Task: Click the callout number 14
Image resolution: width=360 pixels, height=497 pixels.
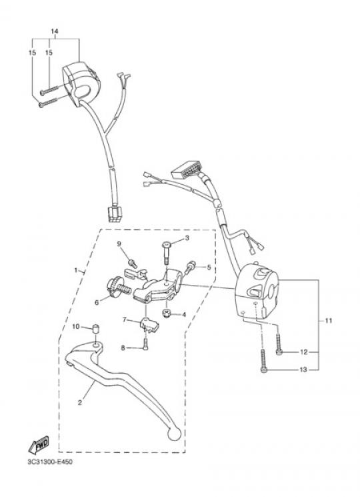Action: coord(55,31)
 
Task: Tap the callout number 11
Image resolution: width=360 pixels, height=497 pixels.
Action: coord(329,321)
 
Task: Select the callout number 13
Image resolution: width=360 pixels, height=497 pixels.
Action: coord(303,370)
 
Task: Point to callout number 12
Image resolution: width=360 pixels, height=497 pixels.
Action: coord(303,352)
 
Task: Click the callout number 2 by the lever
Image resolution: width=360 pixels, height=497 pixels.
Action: coord(80,402)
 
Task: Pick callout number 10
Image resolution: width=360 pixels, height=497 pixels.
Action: coord(76,326)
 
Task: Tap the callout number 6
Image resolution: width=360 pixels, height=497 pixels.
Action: coord(97,302)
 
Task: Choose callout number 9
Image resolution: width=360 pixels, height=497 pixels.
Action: coord(119,243)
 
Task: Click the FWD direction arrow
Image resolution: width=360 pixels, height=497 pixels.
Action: coord(39,444)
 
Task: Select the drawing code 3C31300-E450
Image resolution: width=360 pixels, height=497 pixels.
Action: coord(50,462)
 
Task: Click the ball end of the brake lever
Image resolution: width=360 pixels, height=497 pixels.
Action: coord(174,434)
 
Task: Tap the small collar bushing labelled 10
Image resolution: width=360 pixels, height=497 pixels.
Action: coord(95,329)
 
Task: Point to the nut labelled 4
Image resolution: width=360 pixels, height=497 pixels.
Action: coord(165,314)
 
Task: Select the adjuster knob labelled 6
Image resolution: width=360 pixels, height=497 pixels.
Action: coord(119,287)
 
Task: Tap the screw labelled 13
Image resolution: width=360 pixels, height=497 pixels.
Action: coord(264,361)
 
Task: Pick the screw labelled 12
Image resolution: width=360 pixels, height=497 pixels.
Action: coord(279,345)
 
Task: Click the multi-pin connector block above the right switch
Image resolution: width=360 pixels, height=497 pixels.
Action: coord(186,172)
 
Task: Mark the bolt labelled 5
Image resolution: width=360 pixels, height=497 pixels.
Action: coord(189,267)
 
